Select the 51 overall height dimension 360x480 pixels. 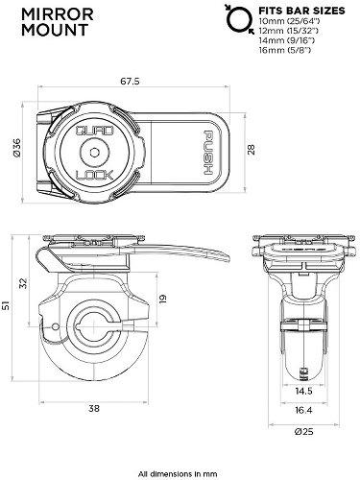(x=8, y=306)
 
